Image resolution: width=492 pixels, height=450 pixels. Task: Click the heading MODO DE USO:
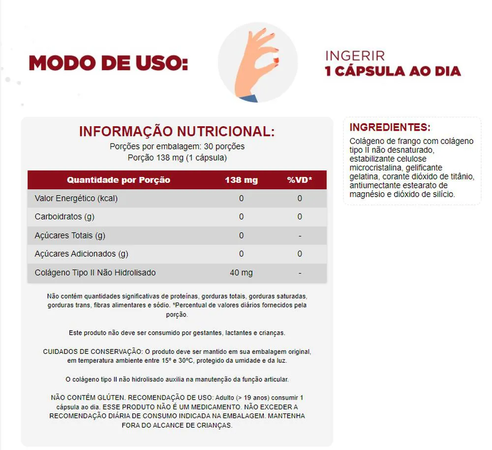click(x=108, y=64)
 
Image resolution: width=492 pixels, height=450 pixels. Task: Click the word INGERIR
click(x=355, y=56)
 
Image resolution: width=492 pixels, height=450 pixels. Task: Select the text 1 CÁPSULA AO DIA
click(x=393, y=71)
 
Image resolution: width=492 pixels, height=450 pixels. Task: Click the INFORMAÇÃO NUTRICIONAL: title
click(x=177, y=132)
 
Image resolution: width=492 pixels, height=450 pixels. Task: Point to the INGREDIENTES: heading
click(x=390, y=127)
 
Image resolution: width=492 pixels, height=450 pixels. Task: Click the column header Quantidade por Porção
click(x=119, y=180)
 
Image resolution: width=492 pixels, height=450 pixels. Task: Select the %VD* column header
click(x=300, y=180)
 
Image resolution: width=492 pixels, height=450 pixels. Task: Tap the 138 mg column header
click(x=241, y=180)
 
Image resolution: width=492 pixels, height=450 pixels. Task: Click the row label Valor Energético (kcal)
click(x=76, y=198)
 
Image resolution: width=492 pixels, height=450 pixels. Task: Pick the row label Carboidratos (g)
click(x=65, y=217)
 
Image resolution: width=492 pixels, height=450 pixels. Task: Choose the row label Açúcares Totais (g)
click(x=70, y=236)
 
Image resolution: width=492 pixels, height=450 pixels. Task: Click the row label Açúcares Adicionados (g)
click(x=81, y=254)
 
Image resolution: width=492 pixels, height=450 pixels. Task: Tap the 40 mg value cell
click(x=241, y=273)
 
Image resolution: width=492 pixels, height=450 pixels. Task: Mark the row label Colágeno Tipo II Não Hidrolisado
click(x=95, y=273)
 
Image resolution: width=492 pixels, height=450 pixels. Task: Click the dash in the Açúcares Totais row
click(x=300, y=236)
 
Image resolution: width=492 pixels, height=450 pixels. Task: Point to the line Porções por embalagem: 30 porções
click(x=177, y=146)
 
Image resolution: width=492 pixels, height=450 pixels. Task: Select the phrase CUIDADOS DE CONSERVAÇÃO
click(x=92, y=352)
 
